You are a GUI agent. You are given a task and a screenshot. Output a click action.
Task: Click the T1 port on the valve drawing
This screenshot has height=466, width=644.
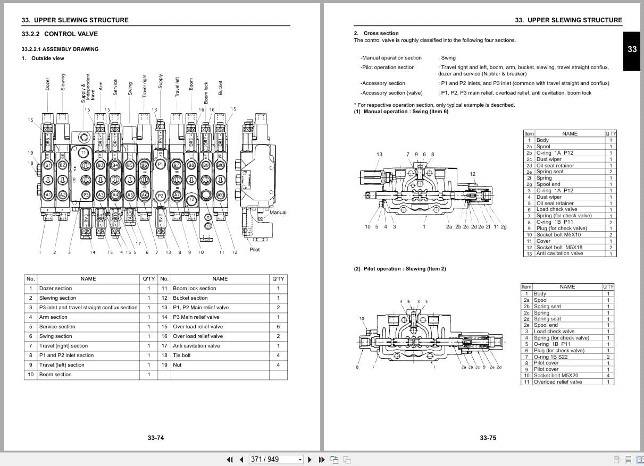[83, 152]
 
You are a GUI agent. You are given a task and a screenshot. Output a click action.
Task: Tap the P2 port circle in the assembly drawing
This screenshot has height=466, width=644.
[160, 196]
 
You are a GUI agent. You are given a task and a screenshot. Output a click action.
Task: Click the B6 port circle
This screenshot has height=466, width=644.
[144, 165]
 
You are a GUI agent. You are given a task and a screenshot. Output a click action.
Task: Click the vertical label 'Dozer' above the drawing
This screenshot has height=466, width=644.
[47, 84]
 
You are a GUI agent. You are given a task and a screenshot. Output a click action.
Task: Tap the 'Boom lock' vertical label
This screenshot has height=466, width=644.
[206, 92]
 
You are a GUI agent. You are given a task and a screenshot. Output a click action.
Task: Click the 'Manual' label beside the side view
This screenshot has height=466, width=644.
[278, 213]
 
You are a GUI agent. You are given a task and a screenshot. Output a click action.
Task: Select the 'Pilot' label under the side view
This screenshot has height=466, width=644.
[255, 250]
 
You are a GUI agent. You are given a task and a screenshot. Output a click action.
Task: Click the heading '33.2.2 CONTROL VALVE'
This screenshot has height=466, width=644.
[60, 34]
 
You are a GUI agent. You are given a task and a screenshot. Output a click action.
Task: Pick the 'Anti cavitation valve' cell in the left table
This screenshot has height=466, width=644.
[196, 346]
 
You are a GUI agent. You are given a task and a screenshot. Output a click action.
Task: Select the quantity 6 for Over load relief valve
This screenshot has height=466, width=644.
[278, 327]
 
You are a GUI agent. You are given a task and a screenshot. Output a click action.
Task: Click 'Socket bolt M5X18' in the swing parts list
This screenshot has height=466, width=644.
[559, 247]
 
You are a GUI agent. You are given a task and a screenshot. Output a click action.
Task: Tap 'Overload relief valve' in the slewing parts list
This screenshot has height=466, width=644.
[557, 382]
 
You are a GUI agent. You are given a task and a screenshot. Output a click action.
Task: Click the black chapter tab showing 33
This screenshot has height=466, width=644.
[632, 49]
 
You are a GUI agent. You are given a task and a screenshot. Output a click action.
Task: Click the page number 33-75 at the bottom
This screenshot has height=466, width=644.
[488, 438]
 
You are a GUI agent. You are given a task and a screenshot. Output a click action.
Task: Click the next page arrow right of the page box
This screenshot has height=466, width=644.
[309, 460]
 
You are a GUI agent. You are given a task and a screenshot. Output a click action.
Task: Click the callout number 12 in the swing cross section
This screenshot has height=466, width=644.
[473, 174]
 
